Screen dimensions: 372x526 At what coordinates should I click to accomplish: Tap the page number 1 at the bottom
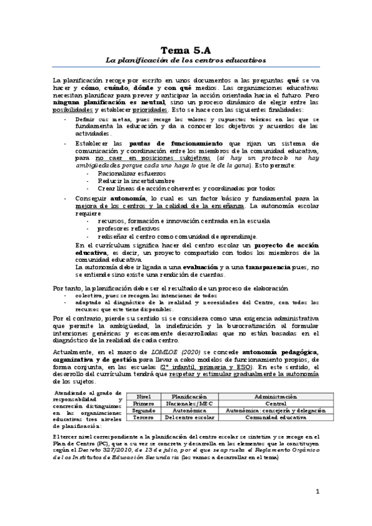coord(317,492)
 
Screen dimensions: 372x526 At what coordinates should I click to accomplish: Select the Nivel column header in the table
coord(143,395)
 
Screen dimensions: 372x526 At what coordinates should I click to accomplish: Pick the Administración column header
coord(266,395)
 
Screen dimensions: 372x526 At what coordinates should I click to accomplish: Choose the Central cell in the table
coord(266,403)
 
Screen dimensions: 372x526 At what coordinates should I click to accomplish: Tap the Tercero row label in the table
coord(143,417)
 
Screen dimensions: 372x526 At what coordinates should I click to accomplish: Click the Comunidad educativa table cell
coord(266,417)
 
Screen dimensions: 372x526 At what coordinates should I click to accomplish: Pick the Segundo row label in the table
coord(143,410)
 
